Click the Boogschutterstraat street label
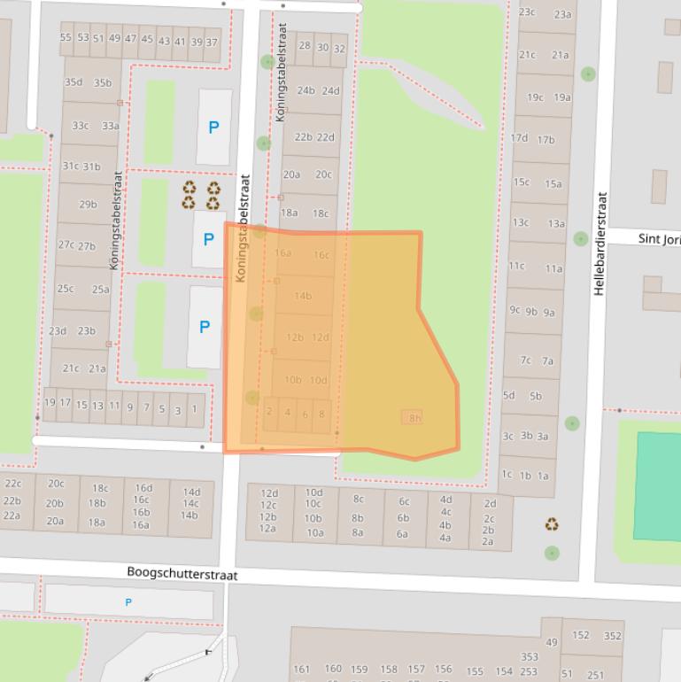click(182, 574)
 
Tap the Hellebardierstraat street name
click(601, 244)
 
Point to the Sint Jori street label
click(659, 239)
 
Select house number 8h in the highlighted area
click(414, 418)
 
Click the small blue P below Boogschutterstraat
click(128, 603)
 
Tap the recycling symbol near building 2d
click(552, 525)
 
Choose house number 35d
click(73, 83)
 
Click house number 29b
click(88, 205)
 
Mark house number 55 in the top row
click(66, 38)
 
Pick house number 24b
click(306, 90)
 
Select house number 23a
click(562, 14)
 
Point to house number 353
click(530, 657)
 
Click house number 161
click(302, 670)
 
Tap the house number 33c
click(80, 126)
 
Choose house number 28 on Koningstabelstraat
click(305, 47)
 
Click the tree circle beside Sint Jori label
click(581, 238)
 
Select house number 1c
click(507, 475)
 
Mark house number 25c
click(66, 289)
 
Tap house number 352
click(612, 635)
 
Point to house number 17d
click(519, 138)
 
